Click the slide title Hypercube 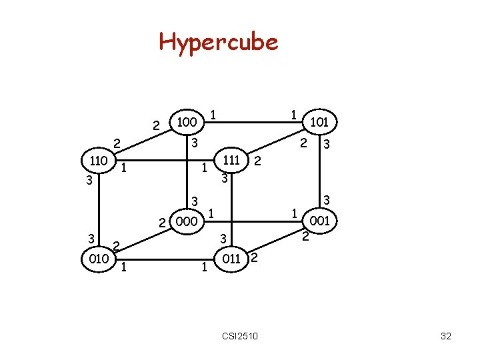tap(218, 42)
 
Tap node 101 tap(321, 123)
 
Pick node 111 tap(231, 161)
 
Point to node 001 tap(321, 220)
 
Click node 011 tap(231, 258)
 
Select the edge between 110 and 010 tap(99, 210)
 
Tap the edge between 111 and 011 tap(231, 210)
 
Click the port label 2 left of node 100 tap(156, 125)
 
